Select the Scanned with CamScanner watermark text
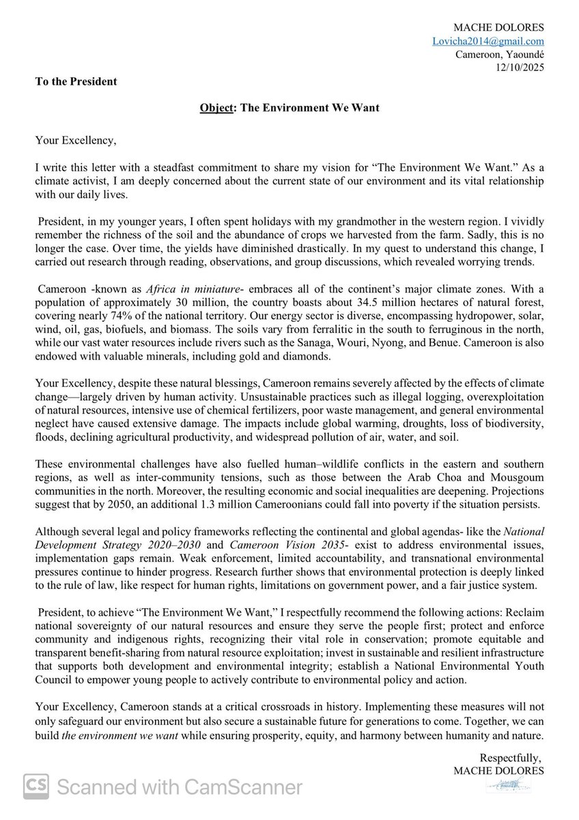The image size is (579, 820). coord(180,788)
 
